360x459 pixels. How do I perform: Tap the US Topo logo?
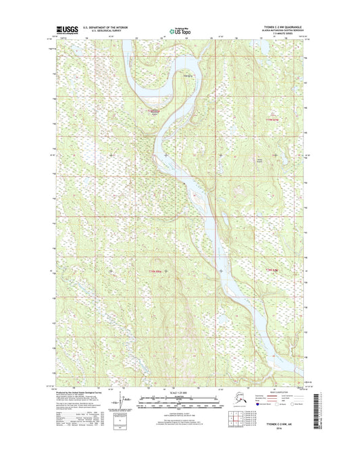pyautogui.click(x=178, y=30)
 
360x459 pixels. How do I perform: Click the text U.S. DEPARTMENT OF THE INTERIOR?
pyautogui.click(x=102, y=28)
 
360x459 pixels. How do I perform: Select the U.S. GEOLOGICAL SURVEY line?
pyautogui.click(x=99, y=32)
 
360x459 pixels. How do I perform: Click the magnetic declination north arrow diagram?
pyautogui.click(x=122, y=404)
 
